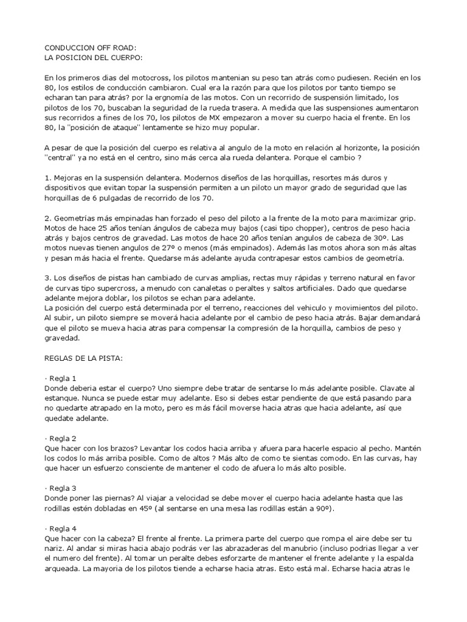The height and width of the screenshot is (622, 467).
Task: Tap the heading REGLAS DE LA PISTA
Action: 85,358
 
